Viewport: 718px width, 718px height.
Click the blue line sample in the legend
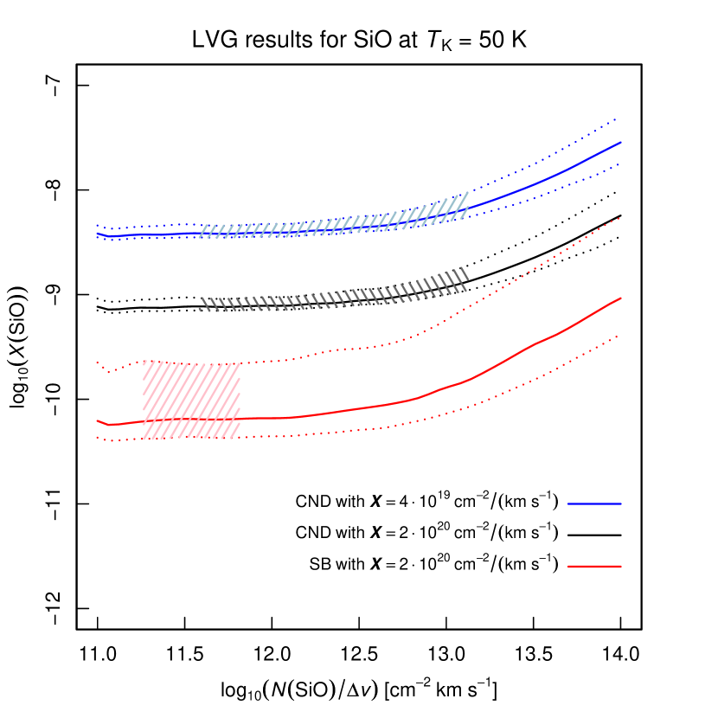click(x=594, y=503)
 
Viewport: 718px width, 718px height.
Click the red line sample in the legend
click(x=594, y=567)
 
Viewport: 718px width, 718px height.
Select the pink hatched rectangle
click(x=191, y=400)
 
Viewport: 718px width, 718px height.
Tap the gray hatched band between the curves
click(x=333, y=294)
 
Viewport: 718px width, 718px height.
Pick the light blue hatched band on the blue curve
click(x=333, y=222)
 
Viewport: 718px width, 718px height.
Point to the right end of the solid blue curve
click(x=621, y=141)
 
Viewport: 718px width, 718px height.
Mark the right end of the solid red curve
click(x=621, y=298)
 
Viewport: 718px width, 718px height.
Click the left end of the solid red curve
click(x=97, y=420)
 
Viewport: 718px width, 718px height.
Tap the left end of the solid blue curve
click(x=97, y=233)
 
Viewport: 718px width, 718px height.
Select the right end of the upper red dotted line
click(x=620, y=218)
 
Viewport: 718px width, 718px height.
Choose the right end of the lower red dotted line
click(x=620, y=334)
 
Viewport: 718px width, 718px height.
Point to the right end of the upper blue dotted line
click(x=616, y=119)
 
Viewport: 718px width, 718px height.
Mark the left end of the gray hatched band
click(x=200, y=305)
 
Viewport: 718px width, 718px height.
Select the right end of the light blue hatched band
click(x=467, y=204)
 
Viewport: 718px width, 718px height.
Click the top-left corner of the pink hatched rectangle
click(x=144, y=361)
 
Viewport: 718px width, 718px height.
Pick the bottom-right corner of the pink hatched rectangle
click(x=240, y=439)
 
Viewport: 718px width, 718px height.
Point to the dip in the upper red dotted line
click(x=110, y=372)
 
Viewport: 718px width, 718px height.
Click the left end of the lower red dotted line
click(x=97, y=438)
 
